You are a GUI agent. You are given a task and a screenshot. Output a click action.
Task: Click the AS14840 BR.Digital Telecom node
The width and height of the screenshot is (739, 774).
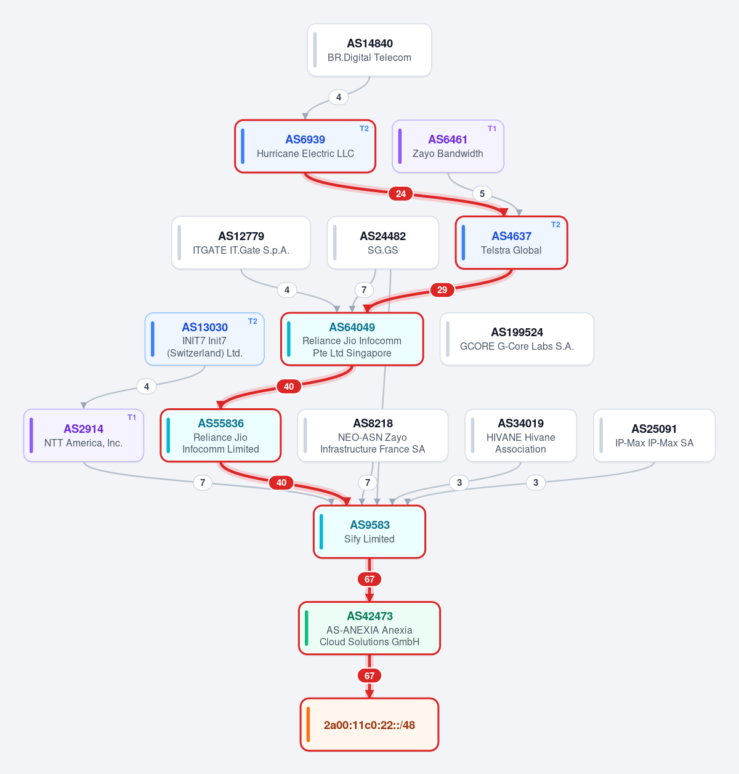point(369,50)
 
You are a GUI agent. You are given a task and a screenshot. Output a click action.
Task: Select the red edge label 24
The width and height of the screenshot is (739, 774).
point(400,194)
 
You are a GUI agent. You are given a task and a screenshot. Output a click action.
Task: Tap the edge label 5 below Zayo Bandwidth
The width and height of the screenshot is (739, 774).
point(482,194)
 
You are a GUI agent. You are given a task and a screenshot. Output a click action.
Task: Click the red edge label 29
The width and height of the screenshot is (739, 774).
point(442,290)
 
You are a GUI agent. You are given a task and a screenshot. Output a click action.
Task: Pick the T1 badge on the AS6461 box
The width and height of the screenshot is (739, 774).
point(492,129)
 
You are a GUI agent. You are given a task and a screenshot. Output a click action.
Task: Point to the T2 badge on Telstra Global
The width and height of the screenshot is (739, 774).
point(555,225)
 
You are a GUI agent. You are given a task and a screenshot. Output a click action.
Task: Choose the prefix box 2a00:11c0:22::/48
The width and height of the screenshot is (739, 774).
point(369,725)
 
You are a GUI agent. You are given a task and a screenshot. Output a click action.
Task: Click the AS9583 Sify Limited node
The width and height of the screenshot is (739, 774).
point(369,532)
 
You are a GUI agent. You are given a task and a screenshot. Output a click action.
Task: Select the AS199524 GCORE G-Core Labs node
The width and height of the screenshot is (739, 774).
point(517,339)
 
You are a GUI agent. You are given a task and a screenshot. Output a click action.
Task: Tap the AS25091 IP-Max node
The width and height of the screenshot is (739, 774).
point(654,435)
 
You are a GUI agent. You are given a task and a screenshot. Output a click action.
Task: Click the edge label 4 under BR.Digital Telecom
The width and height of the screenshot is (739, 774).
point(339,97)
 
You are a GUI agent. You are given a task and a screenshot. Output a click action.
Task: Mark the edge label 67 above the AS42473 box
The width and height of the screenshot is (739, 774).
point(369,579)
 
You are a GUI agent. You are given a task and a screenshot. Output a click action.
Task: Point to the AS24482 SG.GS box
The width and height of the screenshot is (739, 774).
point(382,243)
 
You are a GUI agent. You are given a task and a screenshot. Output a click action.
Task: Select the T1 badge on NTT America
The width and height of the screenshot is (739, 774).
point(132,417)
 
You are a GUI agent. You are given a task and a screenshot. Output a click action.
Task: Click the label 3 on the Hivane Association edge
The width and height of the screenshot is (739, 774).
point(459,483)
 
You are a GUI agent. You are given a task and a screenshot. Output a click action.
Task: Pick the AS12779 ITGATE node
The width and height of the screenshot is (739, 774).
point(241,243)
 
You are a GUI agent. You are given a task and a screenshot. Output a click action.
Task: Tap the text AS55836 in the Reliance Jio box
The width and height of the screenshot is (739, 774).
point(220,423)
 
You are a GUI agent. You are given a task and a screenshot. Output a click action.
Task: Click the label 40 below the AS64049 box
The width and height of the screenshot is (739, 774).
point(289,386)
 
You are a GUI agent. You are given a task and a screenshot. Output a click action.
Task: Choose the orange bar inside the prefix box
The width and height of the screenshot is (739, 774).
point(309,725)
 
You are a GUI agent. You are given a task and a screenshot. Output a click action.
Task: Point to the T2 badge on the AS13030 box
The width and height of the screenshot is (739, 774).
point(252,321)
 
